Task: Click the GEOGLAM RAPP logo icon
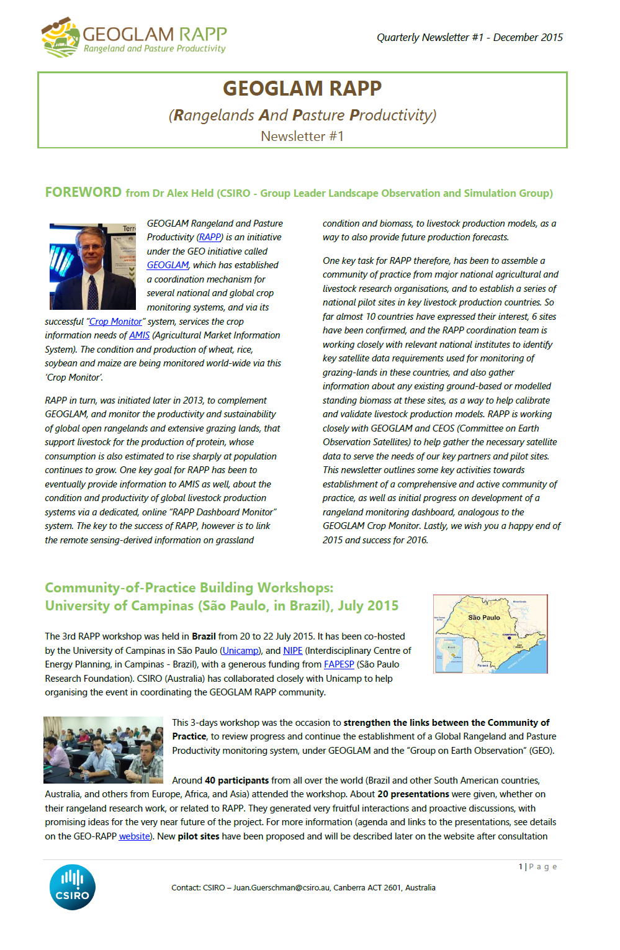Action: [x=61, y=37]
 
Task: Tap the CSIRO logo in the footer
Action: [x=73, y=887]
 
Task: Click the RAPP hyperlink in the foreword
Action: [x=210, y=237]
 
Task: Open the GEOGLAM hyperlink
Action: [x=168, y=265]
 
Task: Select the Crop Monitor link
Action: [x=115, y=322]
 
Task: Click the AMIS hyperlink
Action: [x=139, y=335]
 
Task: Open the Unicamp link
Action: [x=240, y=651]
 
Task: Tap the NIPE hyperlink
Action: [x=293, y=651]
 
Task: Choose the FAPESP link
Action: [x=339, y=664]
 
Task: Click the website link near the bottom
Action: [x=134, y=836]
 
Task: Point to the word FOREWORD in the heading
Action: [x=83, y=192]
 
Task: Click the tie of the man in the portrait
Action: [x=93, y=291]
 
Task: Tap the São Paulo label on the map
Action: [x=483, y=617]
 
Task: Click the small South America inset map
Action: [x=449, y=654]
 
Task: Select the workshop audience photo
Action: [x=103, y=749]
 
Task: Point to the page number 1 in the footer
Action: [x=521, y=867]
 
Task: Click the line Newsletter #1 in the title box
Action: [x=302, y=136]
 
